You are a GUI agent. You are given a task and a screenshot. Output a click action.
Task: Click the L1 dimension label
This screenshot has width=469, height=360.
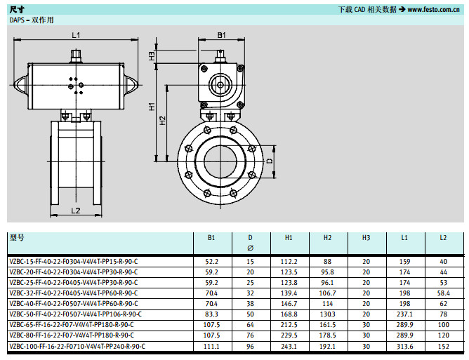coord(76,35)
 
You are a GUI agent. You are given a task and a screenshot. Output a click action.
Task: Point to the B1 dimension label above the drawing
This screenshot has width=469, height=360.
coord(221,35)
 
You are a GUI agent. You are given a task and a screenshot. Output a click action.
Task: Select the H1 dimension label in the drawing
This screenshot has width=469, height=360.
coord(152,107)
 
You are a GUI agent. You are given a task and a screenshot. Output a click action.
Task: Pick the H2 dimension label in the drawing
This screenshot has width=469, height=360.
coord(163,119)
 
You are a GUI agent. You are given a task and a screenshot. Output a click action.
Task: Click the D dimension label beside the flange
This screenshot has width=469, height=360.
coord(270,161)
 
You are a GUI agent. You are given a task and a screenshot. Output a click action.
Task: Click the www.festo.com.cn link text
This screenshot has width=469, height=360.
coord(434,10)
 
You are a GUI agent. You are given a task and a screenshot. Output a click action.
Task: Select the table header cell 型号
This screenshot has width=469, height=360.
coord(17,238)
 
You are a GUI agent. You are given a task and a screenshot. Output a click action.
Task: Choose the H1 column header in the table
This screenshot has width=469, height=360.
coord(289,238)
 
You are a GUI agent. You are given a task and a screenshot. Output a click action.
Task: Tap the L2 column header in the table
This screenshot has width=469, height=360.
coord(443,238)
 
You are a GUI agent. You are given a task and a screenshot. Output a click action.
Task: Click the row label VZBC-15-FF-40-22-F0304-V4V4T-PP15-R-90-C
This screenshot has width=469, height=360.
coord(73,261)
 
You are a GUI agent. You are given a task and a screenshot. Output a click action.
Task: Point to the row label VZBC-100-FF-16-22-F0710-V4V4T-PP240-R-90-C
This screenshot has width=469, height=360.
coord(77,346)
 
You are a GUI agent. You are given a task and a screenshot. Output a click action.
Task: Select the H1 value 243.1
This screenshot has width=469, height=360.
coord(289,346)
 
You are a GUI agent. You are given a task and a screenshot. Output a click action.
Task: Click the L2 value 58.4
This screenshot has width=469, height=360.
coord(443,293)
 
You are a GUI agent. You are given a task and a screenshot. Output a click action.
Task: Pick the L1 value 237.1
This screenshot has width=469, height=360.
coord(404,314)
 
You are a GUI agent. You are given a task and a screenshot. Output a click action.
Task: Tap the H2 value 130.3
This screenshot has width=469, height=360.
coord(327,314)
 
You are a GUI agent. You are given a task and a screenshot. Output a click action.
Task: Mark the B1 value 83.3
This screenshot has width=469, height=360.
coord(211,314)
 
